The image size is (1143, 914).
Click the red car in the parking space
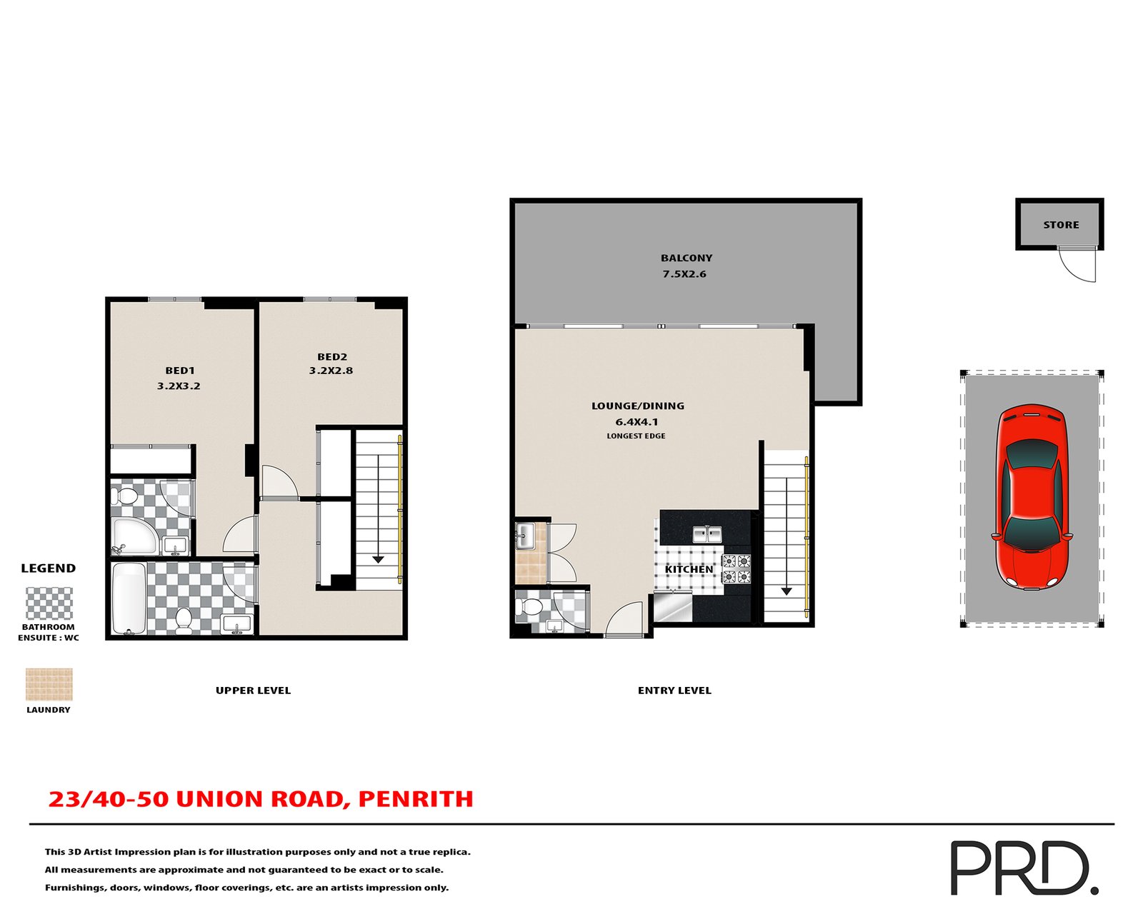pyautogui.click(x=1032, y=497)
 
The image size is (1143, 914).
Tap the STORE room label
pyautogui.click(x=1061, y=225)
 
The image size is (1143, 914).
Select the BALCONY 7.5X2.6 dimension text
pyautogui.click(x=684, y=274)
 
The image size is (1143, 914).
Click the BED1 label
pyautogui.click(x=180, y=371)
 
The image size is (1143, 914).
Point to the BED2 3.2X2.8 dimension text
pyautogui.click(x=331, y=371)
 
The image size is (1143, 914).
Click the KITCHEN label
pyautogui.click(x=689, y=569)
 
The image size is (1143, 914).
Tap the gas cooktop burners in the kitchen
pyautogui.click(x=737, y=568)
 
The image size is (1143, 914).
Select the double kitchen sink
pyautogui.click(x=707, y=534)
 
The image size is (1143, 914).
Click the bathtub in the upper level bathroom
pyautogui.click(x=129, y=598)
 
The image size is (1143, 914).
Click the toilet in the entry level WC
pyautogui.click(x=531, y=608)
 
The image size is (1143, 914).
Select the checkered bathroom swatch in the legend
pyautogui.click(x=49, y=603)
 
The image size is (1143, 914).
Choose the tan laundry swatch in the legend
pyautogui.click(x=49, y=684)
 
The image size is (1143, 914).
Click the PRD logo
pyautogui.click(x=1023, y=868)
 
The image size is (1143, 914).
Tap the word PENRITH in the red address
pyautogui.click(x=416, y=799)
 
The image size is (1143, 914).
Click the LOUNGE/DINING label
pyautogui.click(x=637, y=406)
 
